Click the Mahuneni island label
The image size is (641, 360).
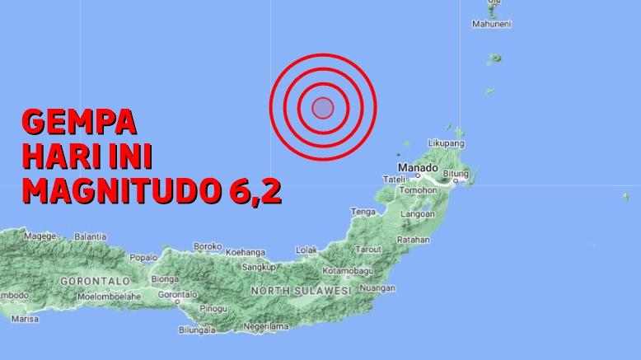tap(492, 24)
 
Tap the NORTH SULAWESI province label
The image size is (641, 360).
tap(301, 292)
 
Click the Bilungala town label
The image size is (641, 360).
tap(198, 330)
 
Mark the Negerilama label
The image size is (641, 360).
tap(268, 326)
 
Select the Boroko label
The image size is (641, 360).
tap(208, 245)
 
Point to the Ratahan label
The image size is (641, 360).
tap(413, 240)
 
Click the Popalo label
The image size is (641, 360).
tap(143, 257)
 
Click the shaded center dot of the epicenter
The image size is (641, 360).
tap(323, 108)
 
